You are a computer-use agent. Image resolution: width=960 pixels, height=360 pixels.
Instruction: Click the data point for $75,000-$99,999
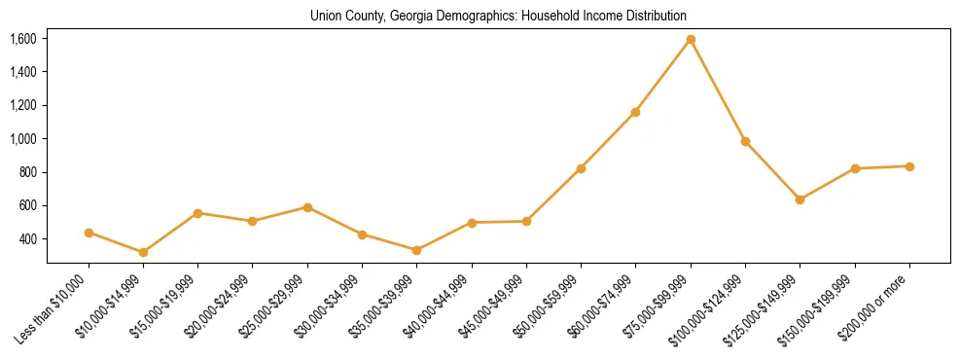[691, 40]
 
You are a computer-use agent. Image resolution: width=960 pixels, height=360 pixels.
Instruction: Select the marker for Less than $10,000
[89, 233]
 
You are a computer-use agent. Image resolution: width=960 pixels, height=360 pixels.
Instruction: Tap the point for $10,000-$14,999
[143, 252]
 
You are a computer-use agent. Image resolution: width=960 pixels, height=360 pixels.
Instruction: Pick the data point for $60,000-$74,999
[635, 112]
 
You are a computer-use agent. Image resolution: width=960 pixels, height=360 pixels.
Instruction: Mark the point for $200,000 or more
[909, 166]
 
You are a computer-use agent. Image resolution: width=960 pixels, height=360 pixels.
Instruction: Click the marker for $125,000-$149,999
[800, 199]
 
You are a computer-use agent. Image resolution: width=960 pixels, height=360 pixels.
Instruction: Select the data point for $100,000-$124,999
[745, 141]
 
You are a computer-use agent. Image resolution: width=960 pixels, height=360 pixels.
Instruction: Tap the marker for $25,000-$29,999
[307, 207]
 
